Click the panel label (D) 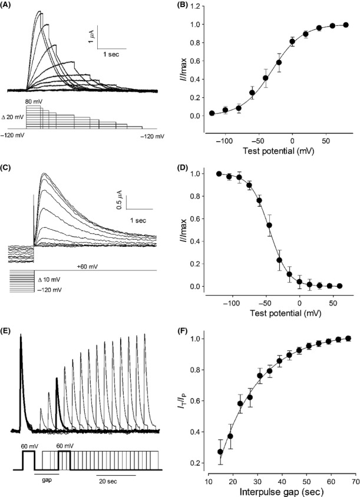point(193,171)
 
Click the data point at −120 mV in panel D point(219,174)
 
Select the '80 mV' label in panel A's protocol point(32,102)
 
